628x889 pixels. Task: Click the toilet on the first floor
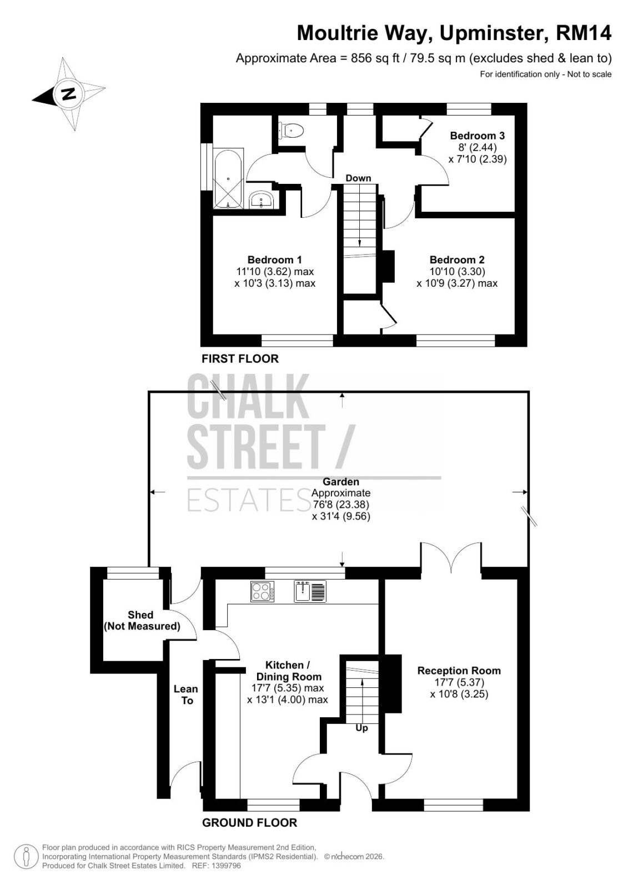tap(291, 130)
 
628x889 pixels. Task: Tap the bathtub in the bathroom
tap(228, 178)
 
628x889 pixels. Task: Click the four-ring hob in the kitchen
tap(262, 591)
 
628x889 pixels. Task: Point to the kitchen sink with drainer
tap(310, 591)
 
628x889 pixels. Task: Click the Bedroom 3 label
tap(478, 136)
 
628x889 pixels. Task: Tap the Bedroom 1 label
tap(274, 259)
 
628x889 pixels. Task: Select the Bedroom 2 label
tap(457, 259)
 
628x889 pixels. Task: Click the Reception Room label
tap(459, 670)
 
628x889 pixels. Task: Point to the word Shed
tap(140, 615)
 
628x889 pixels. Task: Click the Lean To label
tap(185, 695)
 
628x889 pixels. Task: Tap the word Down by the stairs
tap(358, 178)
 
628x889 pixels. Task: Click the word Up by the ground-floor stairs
tap(361, 728)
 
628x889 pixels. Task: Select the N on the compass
tap(69, 94)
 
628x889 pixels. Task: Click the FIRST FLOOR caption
tap(240, 359)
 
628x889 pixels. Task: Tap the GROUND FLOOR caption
tap(249, 823)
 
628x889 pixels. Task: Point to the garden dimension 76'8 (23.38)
tap(340, 505)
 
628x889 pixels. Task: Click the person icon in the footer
tap(26, 856)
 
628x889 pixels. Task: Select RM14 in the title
tap(584, 33)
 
